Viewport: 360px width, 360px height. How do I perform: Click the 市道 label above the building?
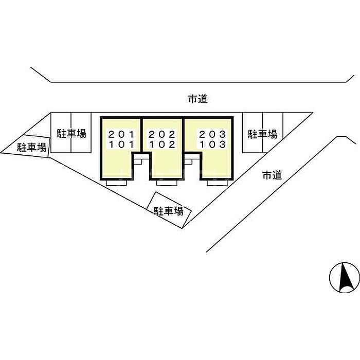pyautogui.click(x=197, y=99)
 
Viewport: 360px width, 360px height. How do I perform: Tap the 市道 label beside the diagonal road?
pyautogui.click(x=273, y=175)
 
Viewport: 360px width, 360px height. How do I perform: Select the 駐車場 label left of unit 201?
pyautogui.click(x=71, y=134)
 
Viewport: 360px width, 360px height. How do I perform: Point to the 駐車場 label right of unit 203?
pyautogui.click(x=263, y=134)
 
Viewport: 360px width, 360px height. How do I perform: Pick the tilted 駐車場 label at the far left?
pyautogui.click(x=32, y=148)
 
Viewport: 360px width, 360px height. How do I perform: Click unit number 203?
pyautogui.click(x=212, y=135)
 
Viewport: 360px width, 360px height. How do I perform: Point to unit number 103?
pyautogui.click(x=212, y=145)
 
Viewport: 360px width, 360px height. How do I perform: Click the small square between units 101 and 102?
pyautogui.click(x=137, y=160)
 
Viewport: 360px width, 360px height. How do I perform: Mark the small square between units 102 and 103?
pyautogui.click(x=188, y=160)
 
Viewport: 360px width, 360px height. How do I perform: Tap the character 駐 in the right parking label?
pyautogui.click(x=253, y=134)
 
